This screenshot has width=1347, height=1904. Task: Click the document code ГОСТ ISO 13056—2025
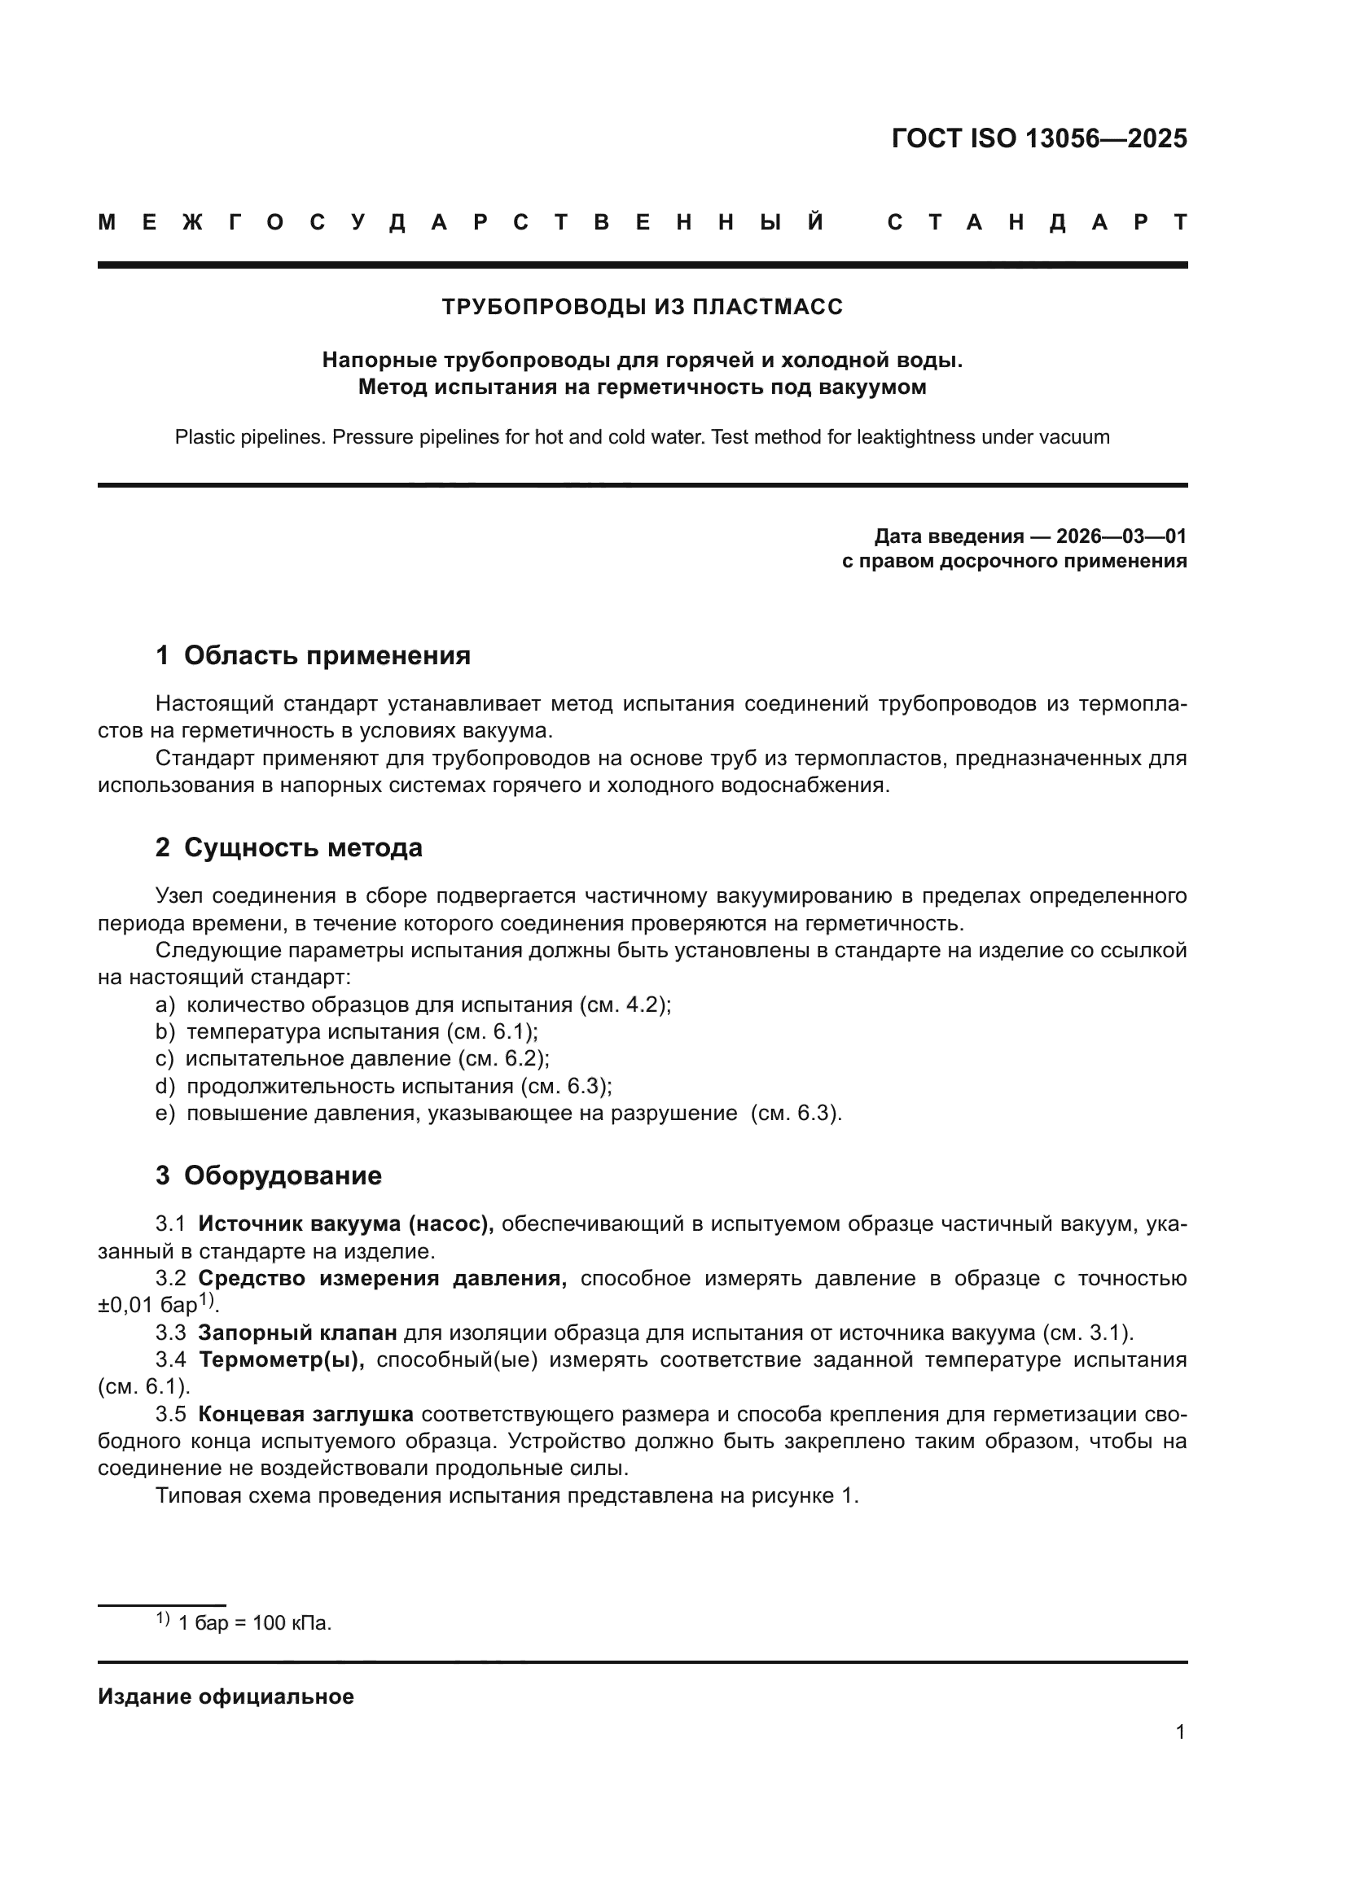[x=1038, y=138]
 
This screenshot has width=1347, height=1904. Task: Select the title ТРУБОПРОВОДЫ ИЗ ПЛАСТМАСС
[x=642, y=307]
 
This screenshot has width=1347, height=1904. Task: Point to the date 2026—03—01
[x=1121, y=536]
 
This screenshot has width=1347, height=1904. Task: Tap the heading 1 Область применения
[x=313, y=656]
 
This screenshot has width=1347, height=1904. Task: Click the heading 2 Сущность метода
[x=288, y=847]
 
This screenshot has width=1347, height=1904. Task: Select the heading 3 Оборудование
[x=269, y=1175]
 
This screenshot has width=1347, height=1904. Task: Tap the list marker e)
[x=165, y=1114]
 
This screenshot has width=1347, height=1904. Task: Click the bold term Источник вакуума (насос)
[x=346, y=1223]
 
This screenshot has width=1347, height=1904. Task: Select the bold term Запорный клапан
[x=298, y=1333]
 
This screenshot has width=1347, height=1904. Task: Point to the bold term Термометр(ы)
[x=282, y=1360]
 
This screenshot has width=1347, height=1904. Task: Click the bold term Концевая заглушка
[x=305, y=1414]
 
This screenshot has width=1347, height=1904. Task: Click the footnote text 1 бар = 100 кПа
[x=255, y=1623]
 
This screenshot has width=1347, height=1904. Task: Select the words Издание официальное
[x=226, y=1696]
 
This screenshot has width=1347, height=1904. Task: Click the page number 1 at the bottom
[x=1179, y=1731]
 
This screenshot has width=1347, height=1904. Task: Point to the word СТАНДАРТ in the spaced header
[x=1037, y=222]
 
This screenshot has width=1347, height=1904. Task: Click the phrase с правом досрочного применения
[x=1014, y=562]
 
